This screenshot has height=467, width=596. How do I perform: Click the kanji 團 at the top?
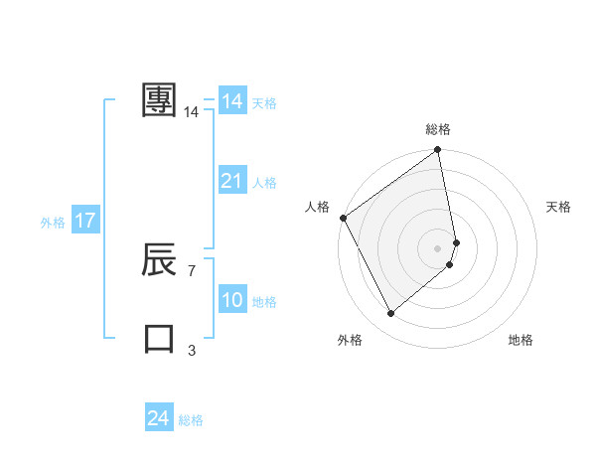click(x=160, y=100)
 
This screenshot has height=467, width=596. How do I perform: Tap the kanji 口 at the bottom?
click(x=160, y=339)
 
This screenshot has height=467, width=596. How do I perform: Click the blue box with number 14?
click(x=232, y=101)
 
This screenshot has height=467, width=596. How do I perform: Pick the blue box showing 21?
click(x=232, y=181)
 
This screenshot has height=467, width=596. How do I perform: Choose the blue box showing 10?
click(x=232, y=300)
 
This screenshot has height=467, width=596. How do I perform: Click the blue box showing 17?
click(x=85, y=221)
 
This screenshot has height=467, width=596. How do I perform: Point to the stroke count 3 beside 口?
click(x=192, y=350)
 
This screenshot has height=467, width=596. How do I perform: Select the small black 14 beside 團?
click(x=192, y=112)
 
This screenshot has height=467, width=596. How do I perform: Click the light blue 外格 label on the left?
click(x=53, y=223)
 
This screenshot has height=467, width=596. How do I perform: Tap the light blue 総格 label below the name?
click(x=191, y=420)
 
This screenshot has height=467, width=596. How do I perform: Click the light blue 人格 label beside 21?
click(x=264, y=183)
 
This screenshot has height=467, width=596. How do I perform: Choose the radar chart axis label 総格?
click(x=438, y=129)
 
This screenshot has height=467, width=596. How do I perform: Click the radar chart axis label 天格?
click(x=559, y=207)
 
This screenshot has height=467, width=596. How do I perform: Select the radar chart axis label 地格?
click(x=521, y=340)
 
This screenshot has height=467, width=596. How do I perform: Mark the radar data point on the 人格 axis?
click(x=343, y=218)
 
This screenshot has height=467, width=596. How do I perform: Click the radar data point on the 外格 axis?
click(x=390, y=314)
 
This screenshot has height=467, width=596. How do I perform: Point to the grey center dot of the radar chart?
click(x=438, y=247)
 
